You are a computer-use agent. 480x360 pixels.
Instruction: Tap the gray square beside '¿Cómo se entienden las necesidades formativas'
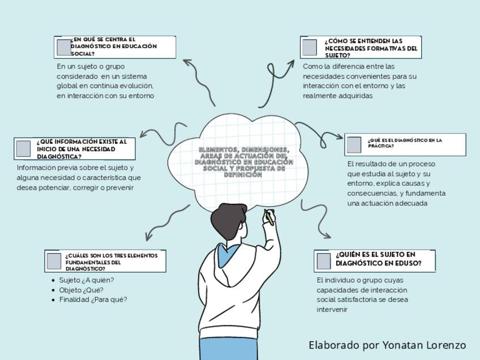point(309,48)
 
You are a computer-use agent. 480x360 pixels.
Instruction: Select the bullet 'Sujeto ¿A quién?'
point(87,280)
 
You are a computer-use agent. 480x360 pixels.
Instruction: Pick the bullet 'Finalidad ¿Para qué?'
point(93,299)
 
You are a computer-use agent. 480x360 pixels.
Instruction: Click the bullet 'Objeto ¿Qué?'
point(81,290)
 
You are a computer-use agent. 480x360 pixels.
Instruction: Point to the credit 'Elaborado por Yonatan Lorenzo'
point(387,345)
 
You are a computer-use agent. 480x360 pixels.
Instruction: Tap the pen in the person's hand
point(269,217)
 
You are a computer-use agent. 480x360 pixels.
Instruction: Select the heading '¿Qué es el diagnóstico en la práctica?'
point(405,143)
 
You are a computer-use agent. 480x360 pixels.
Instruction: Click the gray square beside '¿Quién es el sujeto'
point(324,261)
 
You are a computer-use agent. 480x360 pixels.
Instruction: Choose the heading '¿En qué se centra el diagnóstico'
point(114,46)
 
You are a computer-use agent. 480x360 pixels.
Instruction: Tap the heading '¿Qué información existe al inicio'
point(82,149)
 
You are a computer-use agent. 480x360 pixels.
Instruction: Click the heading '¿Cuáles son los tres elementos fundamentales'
point(111,262)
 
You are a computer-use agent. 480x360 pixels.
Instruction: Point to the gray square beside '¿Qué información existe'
point(23,148)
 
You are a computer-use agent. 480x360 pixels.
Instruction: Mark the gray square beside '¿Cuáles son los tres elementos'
point(54,261)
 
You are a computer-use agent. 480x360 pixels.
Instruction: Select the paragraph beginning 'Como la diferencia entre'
point(359,81)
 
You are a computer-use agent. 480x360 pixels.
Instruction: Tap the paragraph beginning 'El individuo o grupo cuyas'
point(362,294)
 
